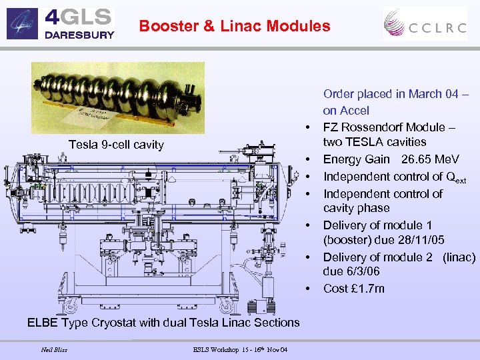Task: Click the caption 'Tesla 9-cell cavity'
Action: tap(116, 145)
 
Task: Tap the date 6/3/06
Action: tap(361, 271)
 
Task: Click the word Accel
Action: tap(355, 111)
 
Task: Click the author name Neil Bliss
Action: tap(54, 349)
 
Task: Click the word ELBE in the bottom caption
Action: tap(43, 323)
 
